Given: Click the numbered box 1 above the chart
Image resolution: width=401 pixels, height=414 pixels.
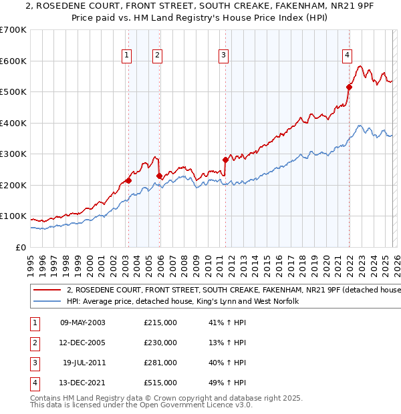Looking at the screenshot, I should pos(126,55).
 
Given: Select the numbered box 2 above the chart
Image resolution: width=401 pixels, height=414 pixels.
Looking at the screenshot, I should pos(156,55).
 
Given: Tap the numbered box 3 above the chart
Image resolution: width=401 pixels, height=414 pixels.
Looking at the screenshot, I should pos(223,55).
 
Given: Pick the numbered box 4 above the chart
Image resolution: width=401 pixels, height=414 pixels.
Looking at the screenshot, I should pos(347,55).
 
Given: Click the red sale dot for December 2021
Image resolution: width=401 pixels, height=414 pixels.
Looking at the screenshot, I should pos(349,87).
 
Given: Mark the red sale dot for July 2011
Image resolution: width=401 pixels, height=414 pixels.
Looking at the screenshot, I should pos(225,160).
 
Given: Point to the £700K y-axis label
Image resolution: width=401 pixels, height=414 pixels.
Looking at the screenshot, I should pos(13,30).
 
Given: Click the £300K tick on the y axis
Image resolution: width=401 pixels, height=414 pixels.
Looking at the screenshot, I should pos(13,154).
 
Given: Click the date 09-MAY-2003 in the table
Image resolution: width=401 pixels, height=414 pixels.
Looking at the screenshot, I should pos(83,323).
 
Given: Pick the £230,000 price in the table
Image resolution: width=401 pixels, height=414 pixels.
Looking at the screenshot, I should pos(160,343).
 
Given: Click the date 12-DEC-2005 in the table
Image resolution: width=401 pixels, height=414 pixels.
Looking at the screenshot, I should pos(83,343).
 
